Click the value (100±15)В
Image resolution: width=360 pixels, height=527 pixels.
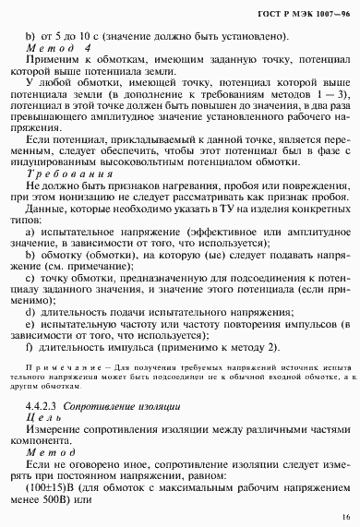tap(56, 487)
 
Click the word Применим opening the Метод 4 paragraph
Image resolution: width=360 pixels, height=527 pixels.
tap(54, 62)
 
